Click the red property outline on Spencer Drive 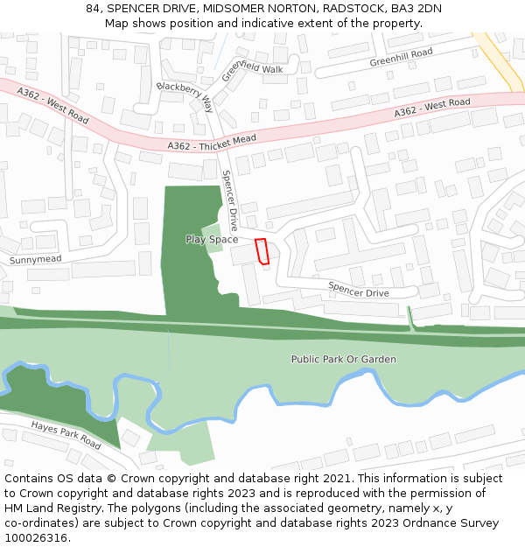(x=261, y=250)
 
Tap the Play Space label (x=211, y=240)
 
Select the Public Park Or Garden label (x=343, y=360)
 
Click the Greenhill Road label (x=401, y=58)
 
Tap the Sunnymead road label (x=36, y=260)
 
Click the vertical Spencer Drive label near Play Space (x=230, y=200)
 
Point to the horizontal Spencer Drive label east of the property (x=358, y=288)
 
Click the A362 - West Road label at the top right (x=431, y=108)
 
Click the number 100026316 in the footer (x=36, y=538)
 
